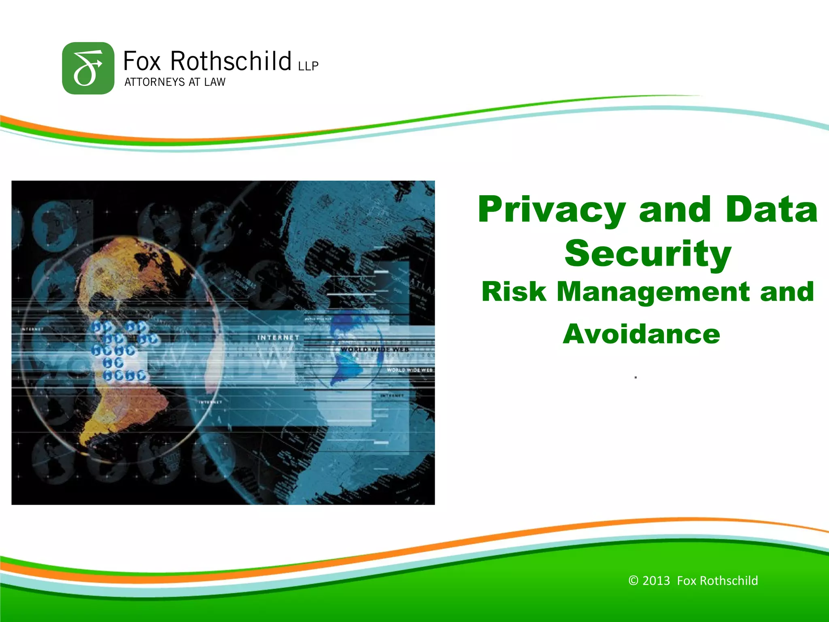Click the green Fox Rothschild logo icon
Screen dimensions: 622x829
click(88, 68)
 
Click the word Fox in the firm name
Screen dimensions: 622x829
click(142, 61)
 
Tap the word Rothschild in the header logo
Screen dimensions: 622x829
click(230, 61)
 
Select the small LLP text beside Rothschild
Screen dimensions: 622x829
click(308, 66)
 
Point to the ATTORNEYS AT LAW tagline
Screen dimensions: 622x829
click(174, 82)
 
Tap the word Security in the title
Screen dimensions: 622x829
click(648, 254)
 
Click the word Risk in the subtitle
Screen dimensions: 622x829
click(514, 292)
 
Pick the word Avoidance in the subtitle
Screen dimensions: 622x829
click(641, 334)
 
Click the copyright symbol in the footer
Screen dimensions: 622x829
click(633, 581)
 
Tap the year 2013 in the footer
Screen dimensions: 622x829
click(656, 581)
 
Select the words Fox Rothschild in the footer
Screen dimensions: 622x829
click(717, 581)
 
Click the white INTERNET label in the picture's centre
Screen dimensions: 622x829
click(278, 337)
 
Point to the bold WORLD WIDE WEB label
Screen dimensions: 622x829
click(374, 349)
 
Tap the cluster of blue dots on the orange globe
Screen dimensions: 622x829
click(121, 350)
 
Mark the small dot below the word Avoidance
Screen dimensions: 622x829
click(636, 377)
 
